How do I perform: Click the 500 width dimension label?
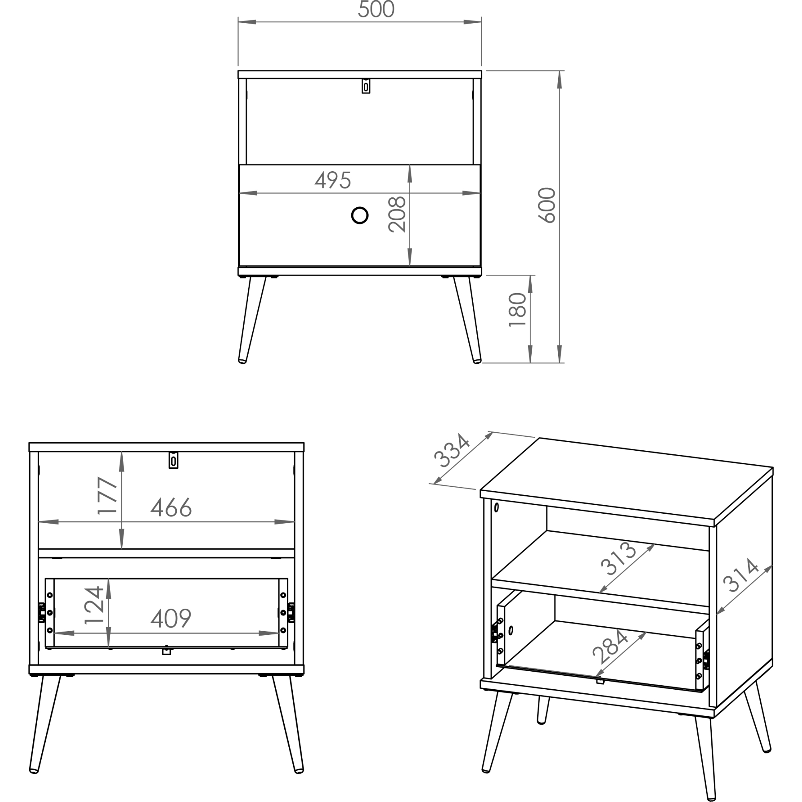coord(376,9)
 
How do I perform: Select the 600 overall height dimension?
coord(547,205)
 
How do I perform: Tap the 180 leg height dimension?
coord(518,310)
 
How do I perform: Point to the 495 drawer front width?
coord(333,180)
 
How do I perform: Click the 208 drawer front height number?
coord(397,214)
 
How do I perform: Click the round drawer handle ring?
coord(359,215)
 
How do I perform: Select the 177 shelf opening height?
coord(107,495)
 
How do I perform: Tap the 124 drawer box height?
coord(94,605)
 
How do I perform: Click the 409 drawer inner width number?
coord(170,618)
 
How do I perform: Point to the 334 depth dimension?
coord(451,450)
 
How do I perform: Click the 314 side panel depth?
coord(741,575)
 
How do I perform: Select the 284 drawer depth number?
coord(610,647)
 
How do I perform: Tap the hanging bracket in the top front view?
coord(366,86)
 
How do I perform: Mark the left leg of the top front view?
coord(251,320)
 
